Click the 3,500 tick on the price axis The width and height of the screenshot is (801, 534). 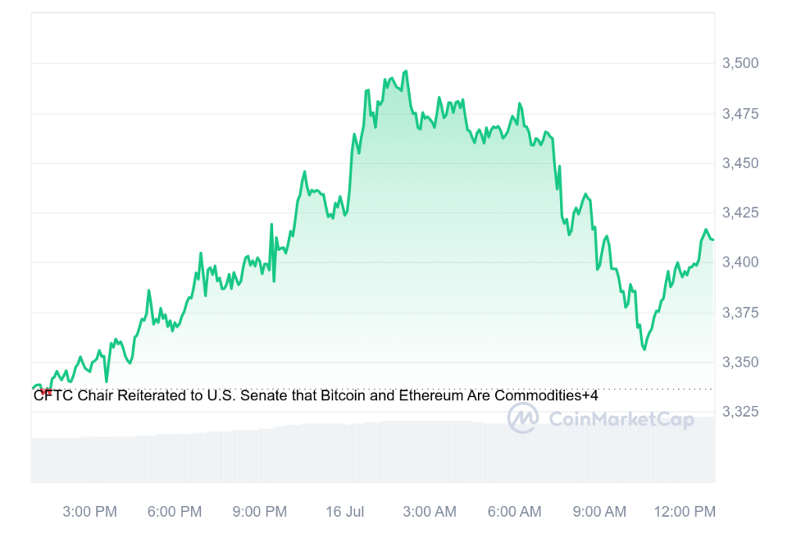click(740, 63)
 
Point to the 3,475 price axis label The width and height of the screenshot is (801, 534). click(740, 114)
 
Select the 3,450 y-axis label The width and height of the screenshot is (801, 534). click(740, 163)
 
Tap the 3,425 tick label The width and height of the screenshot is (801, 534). click(740, 213)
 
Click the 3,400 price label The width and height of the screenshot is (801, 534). click(740, 262)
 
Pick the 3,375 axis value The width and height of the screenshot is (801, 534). click(740, 313)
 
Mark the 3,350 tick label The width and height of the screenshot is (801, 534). click(740, 362)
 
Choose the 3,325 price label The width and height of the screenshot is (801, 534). click(740, 411)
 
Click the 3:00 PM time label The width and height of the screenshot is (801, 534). click(89, 512)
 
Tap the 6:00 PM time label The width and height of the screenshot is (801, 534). click(174, 512)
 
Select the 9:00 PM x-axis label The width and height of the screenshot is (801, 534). click(259, 512)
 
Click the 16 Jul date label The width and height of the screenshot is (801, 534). click(345, 512)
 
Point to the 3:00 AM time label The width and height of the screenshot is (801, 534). click(429, 512)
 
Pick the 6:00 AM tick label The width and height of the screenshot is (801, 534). click(514, 512)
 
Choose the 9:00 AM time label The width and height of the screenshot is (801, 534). click(599, 512)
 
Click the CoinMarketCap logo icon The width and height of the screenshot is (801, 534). click(523, 419)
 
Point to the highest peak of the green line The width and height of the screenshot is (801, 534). click(405, 71)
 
